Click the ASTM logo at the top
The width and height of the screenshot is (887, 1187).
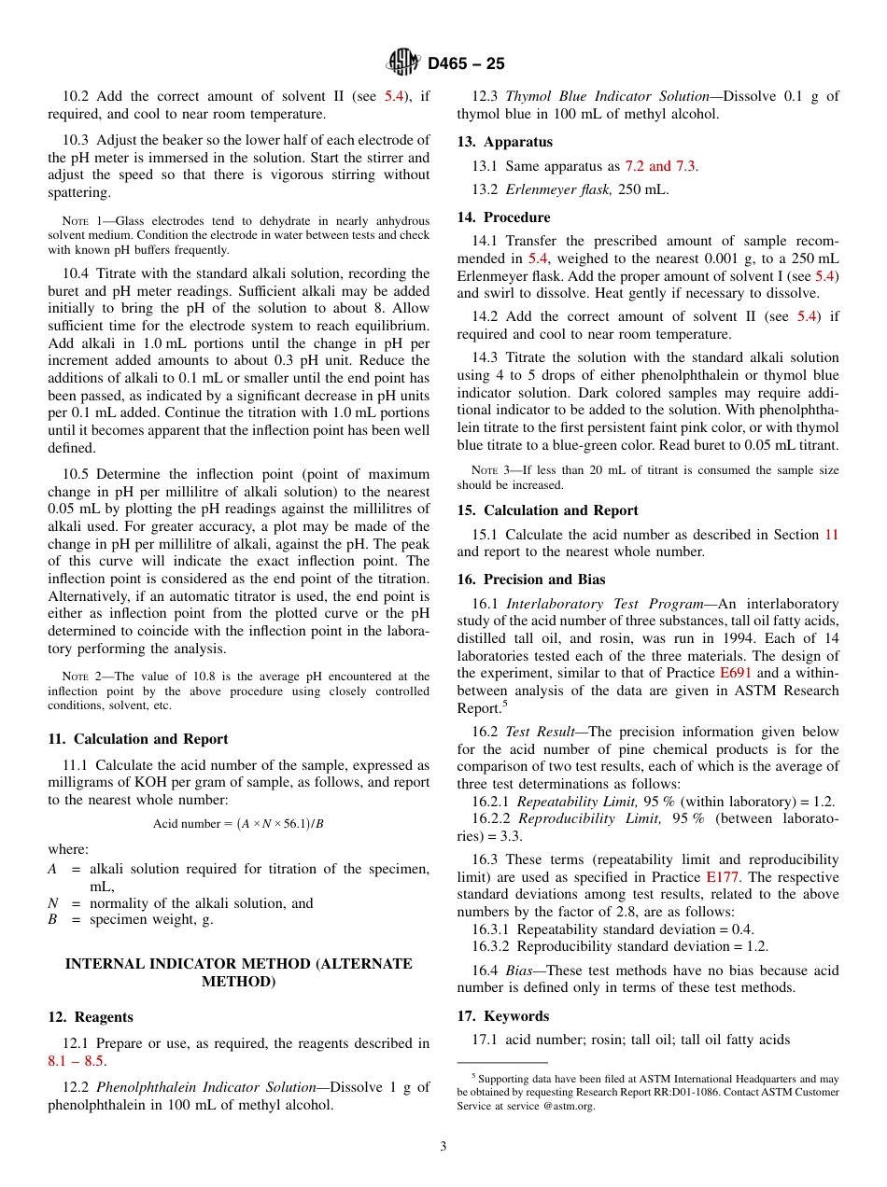pos(403,63)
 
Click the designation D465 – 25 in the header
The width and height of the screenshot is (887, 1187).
pos(466,63)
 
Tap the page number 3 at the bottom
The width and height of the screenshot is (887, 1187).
pos(443,1147)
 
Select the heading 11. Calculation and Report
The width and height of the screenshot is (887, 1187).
pos(137,739)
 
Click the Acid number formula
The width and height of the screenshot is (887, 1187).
pos(238,823)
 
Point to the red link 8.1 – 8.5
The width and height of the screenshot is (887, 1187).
pos(77,1061)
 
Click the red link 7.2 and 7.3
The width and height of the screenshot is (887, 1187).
pos(660,166)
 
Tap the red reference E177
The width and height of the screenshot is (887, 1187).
pos(723,877)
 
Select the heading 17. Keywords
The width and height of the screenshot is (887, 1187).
pos(502,1016)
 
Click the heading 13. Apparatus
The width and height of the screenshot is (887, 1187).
pos(504,142)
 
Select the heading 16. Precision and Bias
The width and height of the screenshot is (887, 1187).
pos(530,580)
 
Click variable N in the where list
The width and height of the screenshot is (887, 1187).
pos(53,903)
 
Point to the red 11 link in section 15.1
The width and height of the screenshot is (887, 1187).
pos(831,535)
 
